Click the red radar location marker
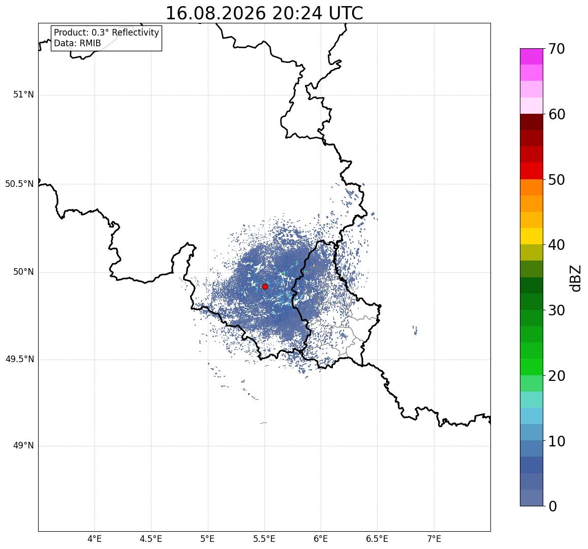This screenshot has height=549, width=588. click(x=265, y=286)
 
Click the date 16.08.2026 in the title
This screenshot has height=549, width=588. click(x=215, y=14)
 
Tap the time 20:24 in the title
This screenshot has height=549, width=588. click(x=297, y=14)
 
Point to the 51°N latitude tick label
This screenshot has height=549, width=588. click(x=23, y=95)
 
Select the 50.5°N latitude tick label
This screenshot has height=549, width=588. click(x=19, y=184)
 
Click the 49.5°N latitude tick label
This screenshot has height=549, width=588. click(x=19, y=360)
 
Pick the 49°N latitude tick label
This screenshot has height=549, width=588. click(x=23, y=446)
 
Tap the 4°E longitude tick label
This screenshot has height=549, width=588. click(x=95, y=539)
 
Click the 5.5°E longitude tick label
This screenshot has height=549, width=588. click(x=264, y=539)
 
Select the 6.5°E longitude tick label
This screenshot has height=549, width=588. click(x=377, y=539)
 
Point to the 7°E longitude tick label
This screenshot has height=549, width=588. click(x=434, y=539)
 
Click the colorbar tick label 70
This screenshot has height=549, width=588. click(x=556, y=49)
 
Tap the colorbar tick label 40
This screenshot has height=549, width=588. click(x=556, y=245)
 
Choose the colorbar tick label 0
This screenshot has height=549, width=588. click(x=552, y=506)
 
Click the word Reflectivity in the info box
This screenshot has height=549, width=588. click(x=135, y=33)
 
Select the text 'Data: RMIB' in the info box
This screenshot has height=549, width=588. click(x=77, y=44)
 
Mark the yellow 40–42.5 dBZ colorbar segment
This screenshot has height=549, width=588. click(x=532, y=237)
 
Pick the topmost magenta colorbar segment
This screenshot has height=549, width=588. click(x=532, y=56)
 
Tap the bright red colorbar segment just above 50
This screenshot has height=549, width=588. click(x=532, y=171)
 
